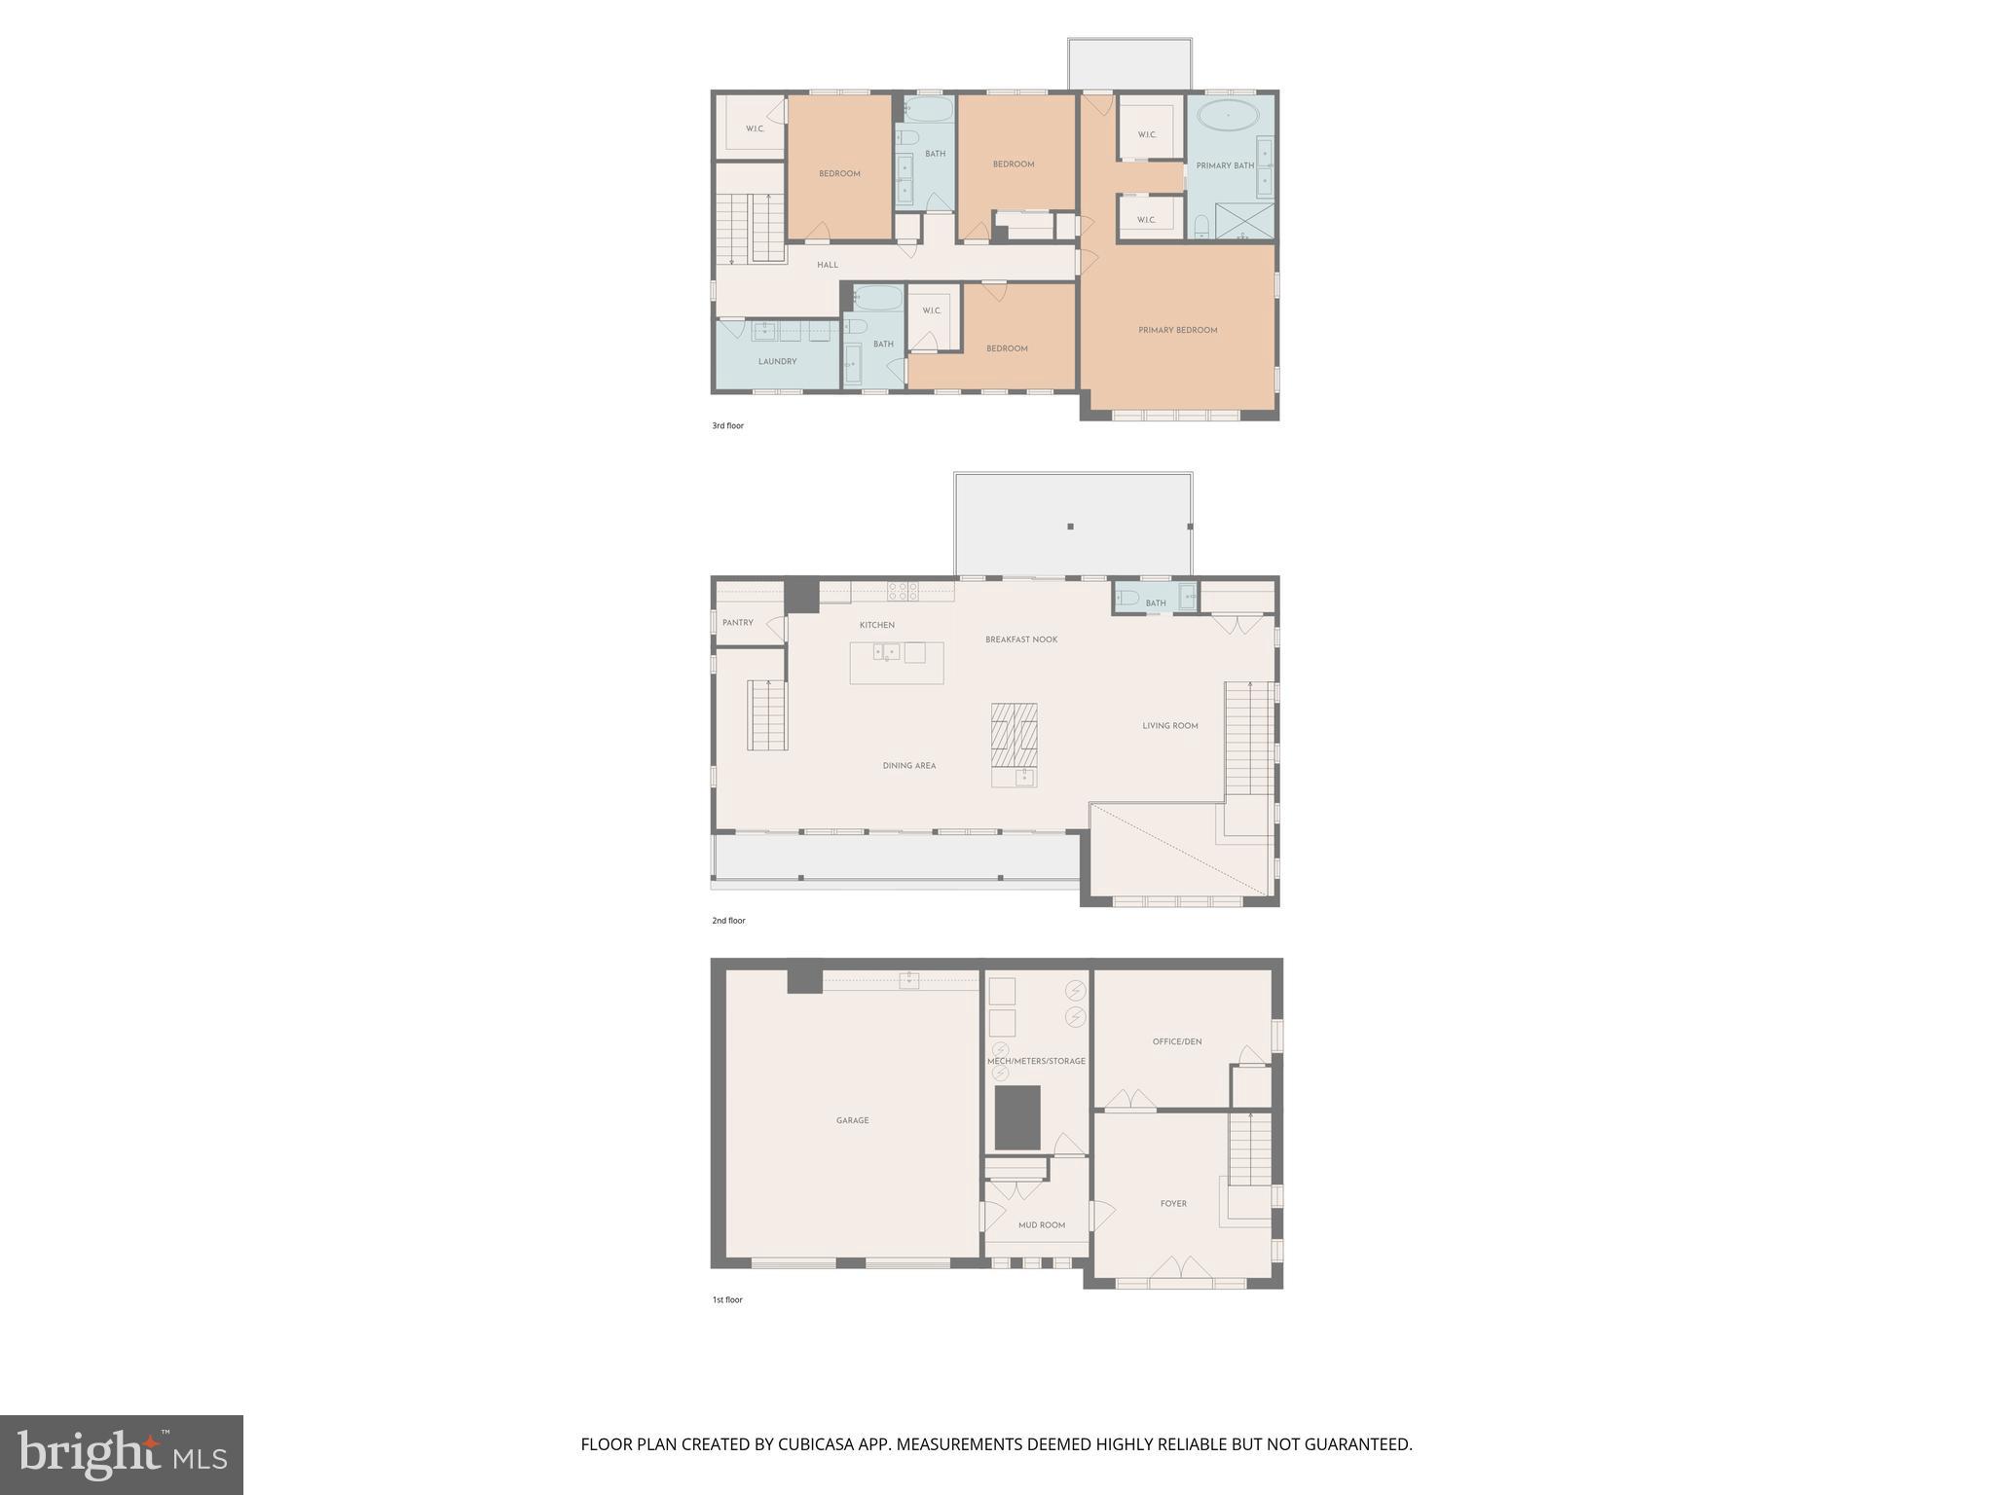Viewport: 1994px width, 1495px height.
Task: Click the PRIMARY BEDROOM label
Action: [1177, 330]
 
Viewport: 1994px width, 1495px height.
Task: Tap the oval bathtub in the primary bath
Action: [1227, 116]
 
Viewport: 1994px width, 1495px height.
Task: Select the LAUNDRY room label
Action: [777, 361]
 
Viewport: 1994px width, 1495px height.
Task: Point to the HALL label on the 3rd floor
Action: [827, 265]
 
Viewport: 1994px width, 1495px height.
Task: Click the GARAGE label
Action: [852, 1120]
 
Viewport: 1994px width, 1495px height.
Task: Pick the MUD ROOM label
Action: [1041, 1225]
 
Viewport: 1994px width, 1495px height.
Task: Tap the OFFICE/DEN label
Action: [1176, 1041]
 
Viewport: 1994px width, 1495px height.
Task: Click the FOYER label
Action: [1172, 1204]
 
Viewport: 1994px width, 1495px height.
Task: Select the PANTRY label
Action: [737, 623]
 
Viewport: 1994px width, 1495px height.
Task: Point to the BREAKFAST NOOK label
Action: [1020, 639]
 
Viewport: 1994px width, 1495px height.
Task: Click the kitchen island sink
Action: [885, 651]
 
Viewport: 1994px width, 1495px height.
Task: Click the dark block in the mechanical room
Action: [1016, 1117]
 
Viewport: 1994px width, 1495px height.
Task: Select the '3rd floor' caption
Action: [727, 426]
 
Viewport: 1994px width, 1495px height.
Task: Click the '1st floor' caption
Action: [726, 1300]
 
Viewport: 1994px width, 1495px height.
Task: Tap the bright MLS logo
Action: [122, 1454]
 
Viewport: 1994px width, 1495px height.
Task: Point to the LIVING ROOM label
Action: [1169, 726]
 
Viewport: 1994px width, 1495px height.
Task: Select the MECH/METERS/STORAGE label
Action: [1036, 1061]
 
